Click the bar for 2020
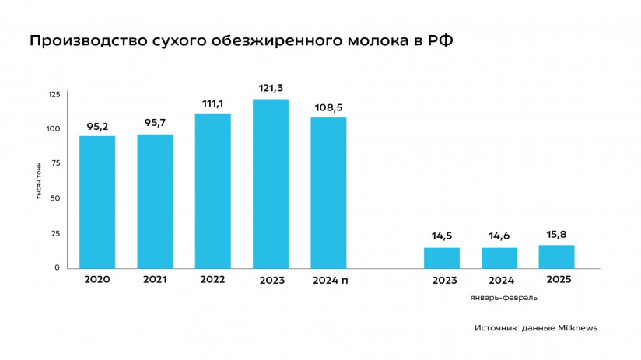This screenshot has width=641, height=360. point(97,202)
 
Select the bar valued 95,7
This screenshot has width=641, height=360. point(155,201)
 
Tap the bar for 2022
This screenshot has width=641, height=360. point(212,191)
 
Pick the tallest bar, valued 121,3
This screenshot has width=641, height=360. point(271,183)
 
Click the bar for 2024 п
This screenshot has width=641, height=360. point(328,193)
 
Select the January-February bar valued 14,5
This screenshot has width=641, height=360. point(442,258)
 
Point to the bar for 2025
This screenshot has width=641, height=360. point(557,257)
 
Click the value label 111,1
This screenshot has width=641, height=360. point(212,103)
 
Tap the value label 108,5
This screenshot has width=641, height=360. point(328,107)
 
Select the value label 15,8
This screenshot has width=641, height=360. point(557,234)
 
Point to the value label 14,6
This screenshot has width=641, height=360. point(499,236)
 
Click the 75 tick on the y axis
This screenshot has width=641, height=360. point(54,163)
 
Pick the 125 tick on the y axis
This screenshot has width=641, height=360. point(54,94)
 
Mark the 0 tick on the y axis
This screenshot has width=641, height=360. point(57,267)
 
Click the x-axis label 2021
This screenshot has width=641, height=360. point(155,280)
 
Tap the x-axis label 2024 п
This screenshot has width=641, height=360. point(328,280)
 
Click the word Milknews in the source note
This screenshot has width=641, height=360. point(576,328)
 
